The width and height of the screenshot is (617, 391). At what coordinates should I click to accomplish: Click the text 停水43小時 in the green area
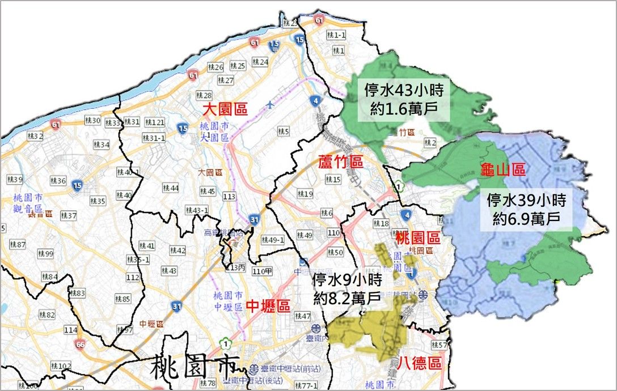[x=403, y=91]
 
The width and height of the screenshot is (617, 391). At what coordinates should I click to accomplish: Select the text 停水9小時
[x=348, y=279]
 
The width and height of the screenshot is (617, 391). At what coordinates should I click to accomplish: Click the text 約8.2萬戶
[x=348, y=297]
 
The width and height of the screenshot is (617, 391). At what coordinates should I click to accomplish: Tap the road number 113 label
[x=229, y=196]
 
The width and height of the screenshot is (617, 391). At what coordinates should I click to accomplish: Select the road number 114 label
[x=71, y=330]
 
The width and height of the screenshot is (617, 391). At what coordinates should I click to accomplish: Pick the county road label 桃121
[x=155, y=122]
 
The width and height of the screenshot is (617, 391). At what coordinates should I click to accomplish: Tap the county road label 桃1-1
[x=337, y=35]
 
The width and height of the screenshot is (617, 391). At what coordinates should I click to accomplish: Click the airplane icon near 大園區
[x=271, y=104]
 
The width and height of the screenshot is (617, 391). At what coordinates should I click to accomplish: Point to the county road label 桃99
[x=45, y=253]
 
